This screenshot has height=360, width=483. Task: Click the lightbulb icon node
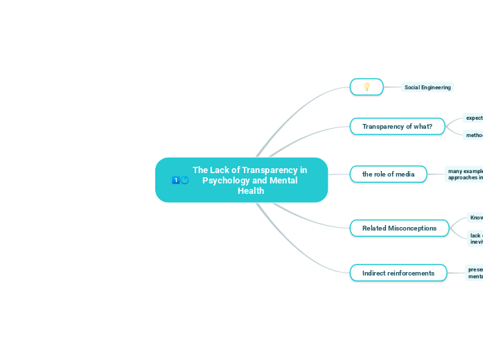[x=367, y=87]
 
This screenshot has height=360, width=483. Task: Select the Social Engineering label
[x=427, y=87]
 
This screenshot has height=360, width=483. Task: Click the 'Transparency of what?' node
[x=397, y=126]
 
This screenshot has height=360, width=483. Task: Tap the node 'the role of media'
[x=388, y=174]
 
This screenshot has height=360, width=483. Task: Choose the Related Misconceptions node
[x=399, y=228]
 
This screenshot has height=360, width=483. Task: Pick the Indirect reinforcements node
[x=398, y=273]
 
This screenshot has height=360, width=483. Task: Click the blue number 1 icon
[x=175, y=180]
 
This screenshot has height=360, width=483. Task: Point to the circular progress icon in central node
[x=184, y=180]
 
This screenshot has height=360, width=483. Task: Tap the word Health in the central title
[x=250, y=190]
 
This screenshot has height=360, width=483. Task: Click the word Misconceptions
[x=412, y=228]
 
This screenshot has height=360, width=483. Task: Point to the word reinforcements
[x=411, y=273]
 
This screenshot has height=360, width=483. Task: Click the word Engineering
[x=437, y=87]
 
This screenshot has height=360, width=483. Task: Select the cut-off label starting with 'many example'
[x=465, y=174]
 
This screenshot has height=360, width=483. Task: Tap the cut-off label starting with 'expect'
[x=474, y=118]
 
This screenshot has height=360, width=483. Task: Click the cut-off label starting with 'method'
[x=474, y=135]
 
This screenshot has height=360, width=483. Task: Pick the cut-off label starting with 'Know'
[x=476, y=217]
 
